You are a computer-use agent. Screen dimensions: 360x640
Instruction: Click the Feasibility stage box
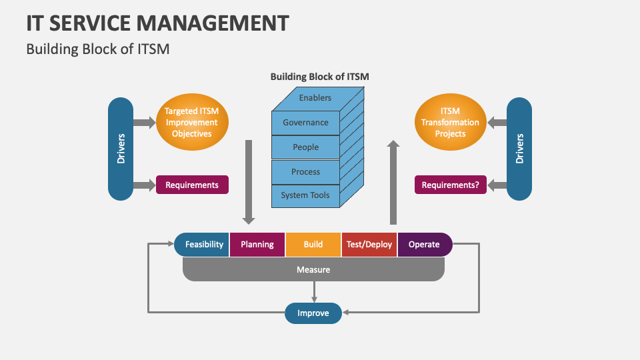tap(203, 245)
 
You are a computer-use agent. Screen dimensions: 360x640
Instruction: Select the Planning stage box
tap(257, 245)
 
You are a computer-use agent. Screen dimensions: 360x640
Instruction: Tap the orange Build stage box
tap(313, 245)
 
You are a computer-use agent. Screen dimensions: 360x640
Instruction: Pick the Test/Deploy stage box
tap(369, 245)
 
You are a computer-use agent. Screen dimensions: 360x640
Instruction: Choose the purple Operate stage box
tap(425, 245)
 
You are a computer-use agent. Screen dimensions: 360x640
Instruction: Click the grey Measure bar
tap(313, 270)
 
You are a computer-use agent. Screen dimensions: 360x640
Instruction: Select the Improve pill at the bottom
tap(313, 313)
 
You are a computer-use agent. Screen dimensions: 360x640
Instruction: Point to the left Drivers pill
tap(121, 149)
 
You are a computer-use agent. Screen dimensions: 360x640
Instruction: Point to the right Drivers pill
tap(519, 149)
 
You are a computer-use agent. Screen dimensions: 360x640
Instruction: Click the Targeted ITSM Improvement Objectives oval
tap(192, 123)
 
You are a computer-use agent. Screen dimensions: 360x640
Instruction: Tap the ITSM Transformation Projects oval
tap(450, 123)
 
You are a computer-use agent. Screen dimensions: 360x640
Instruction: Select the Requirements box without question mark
tap(192, 185)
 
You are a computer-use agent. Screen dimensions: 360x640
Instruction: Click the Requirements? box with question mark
tap(451, 185)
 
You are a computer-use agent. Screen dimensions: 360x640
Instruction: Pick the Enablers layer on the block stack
tap(315, 98)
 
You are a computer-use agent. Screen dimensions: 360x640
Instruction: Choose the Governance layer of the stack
tap(305, 123)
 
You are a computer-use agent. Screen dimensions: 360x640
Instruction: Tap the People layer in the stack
tap(305, 147)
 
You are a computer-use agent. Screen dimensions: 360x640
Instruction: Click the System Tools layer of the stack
tap(305, 195)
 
